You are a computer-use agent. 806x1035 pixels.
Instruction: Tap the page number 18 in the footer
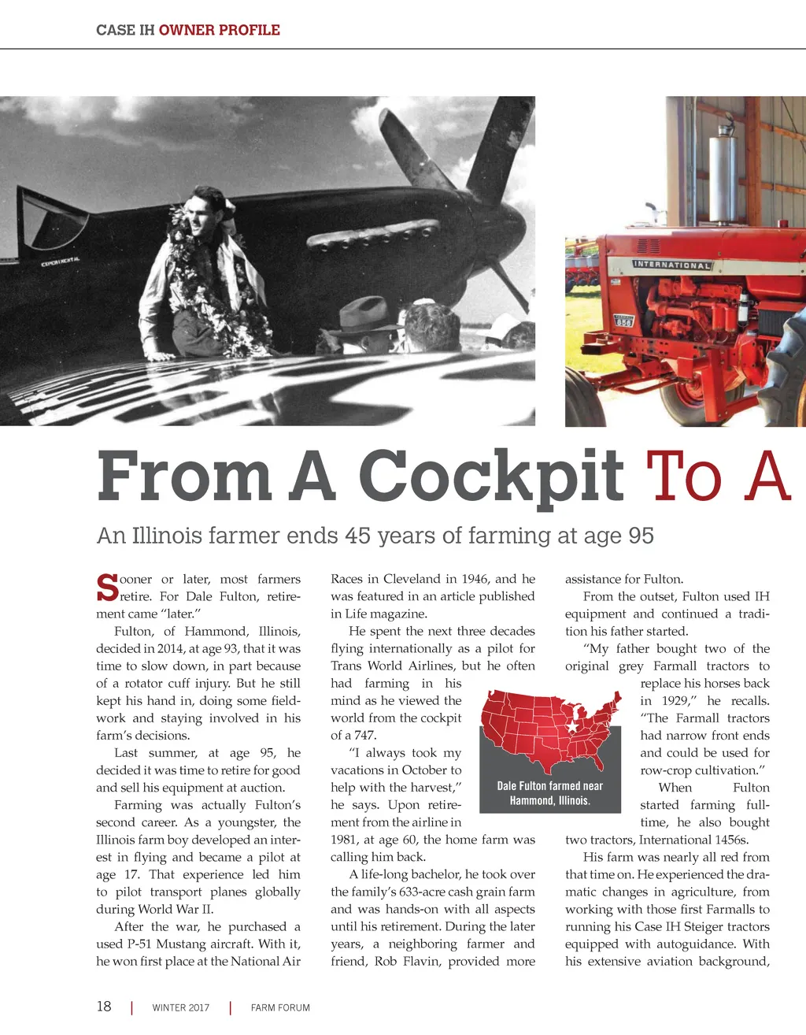(104, 1007)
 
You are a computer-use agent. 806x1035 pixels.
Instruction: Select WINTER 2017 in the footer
(181, 1007)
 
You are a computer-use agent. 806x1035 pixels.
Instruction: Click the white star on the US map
(572, 727)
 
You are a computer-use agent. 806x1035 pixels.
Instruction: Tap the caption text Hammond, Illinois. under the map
(549, 800)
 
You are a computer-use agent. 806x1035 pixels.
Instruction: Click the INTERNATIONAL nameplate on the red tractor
(672, 265)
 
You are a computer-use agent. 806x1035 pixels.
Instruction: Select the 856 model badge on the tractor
(623, 321)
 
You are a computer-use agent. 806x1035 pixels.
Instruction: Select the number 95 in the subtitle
(641, 536)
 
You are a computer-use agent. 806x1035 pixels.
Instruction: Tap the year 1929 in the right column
(670, 701)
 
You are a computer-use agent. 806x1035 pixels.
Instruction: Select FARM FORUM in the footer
(280, 1007)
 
